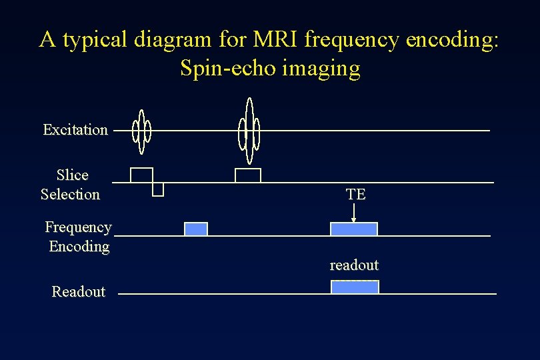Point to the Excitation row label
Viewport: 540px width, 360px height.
[75, 130]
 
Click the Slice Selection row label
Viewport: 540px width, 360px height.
[71, 185]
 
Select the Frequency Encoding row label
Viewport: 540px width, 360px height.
[78, 237]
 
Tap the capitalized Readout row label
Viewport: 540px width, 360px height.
[78, 292]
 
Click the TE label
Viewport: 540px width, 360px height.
[355, 195]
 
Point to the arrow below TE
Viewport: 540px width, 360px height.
[354, 213]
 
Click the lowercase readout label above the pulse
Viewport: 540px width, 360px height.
[354, 265]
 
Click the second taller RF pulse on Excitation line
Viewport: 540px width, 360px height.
[249, 131]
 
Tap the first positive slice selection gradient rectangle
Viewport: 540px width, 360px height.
[141, 175]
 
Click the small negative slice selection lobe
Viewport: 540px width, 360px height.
[158, 189]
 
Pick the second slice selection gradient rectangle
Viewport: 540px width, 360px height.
[248, 175]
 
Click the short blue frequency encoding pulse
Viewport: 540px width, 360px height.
[196, 229]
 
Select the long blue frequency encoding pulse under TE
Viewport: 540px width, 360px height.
[354, 229]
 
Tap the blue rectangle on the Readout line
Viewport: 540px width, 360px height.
[355, 287]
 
